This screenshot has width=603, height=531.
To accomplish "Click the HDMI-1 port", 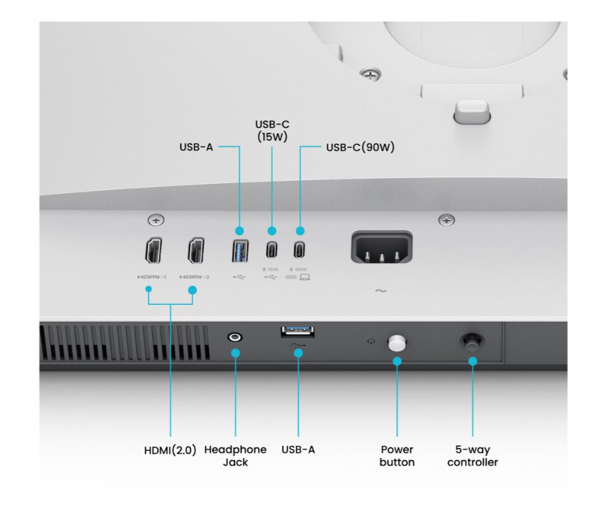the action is coord(153,250).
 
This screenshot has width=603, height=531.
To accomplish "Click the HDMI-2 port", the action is coord(196,250).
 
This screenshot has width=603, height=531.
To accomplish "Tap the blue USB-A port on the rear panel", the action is coord(240,251).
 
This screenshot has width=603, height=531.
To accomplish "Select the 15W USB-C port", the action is coord(272,250).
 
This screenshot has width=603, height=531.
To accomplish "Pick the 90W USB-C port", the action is coord(299,250).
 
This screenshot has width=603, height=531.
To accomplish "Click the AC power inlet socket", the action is coord(381,247).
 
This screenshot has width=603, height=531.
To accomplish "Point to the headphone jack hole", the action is coord(235,338).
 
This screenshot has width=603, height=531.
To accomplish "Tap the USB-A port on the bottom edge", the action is coord(298,332).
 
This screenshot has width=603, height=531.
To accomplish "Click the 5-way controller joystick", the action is coord(472,342).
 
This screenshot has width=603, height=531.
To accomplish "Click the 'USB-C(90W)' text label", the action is coord(360,147).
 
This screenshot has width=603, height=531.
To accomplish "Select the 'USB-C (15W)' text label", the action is coord(272,131).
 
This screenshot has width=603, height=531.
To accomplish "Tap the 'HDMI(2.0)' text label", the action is coord(170,450).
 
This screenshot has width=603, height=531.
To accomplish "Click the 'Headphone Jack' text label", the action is coord(236,456).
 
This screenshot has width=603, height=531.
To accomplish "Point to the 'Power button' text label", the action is coord(397,456).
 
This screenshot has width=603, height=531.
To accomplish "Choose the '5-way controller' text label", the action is coord(473,456).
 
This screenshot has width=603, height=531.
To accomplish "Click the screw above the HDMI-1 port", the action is coord(156,220).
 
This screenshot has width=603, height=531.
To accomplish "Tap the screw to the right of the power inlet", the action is coord(447,220).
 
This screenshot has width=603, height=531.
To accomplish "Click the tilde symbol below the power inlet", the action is coord(381,291).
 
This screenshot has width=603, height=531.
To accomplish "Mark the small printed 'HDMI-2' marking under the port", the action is coord(194,277).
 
